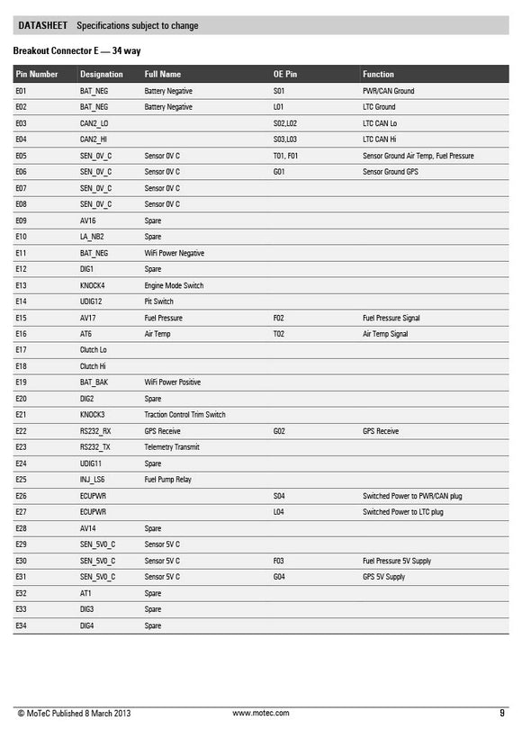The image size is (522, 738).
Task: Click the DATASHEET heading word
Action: point(44,26)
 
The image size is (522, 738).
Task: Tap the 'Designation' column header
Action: point(102,75)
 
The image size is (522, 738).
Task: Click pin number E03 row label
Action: point(22,123)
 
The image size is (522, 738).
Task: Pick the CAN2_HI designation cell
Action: point(94,139)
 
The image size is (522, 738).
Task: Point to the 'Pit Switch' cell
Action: point(159,301)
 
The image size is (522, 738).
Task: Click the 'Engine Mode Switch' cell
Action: point(174,285)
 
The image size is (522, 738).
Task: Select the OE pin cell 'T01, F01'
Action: point(285,156)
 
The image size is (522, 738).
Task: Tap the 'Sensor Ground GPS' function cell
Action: point(391,172)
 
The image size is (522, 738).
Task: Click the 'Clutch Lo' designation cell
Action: point(94,350)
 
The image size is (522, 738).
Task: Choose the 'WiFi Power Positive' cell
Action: point(173,382)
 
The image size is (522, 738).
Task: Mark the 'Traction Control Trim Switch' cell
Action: point(184,415)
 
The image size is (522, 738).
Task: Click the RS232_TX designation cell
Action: point(95,447)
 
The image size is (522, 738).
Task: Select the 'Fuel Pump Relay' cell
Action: point(168,480)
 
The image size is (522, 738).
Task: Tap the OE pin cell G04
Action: point(279,577)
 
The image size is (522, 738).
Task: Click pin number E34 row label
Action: point(22,625)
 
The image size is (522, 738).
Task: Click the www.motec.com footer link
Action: point(261,713)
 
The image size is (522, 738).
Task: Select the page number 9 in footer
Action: point(501,713)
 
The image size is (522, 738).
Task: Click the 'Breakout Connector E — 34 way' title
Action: point(77,51)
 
